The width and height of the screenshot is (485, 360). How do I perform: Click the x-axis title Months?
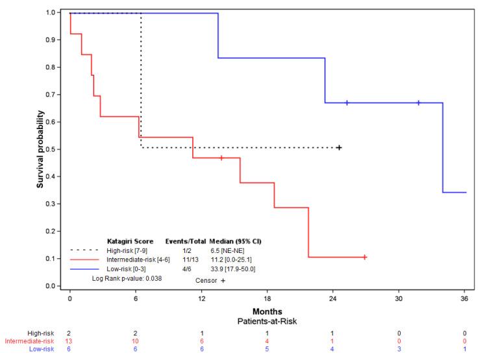pyautogui.click(x=267, y=311)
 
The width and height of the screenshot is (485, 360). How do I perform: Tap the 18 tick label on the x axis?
pyautogui.click(x=267, y=298)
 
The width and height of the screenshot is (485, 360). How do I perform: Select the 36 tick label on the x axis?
pyautogui.click(x=465, y=298)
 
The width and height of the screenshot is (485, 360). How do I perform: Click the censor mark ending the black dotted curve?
pyautogui.click(x=339, y=148)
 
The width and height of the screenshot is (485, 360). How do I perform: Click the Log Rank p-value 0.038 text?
pyautogui.click(x=127, y=278)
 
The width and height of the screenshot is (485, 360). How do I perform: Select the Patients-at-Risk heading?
pyautogui.click(x=267, y=320)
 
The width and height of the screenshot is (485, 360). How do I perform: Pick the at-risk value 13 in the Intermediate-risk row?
pyautogui.click(x=70, y=341)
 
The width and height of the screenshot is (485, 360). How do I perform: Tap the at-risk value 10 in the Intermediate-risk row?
pyautogui.click(x=136, y=341)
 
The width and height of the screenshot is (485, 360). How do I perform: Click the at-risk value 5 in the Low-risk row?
pyautogui.click(x=267, y=349)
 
